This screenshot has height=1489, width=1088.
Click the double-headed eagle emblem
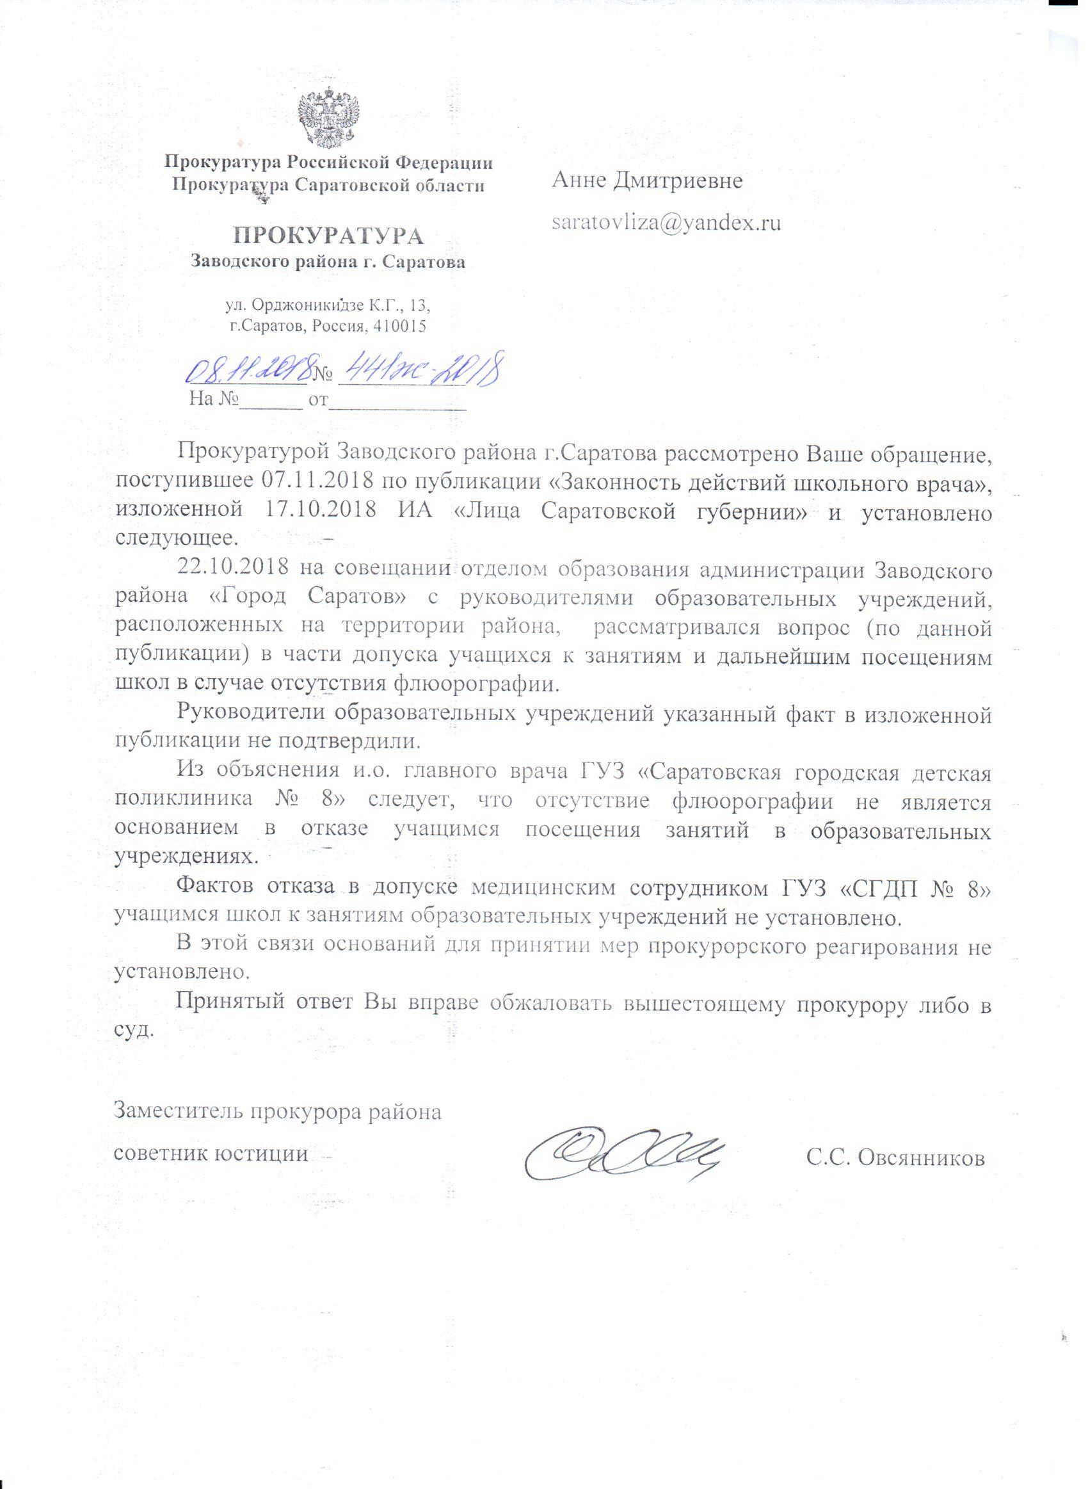[328, 118]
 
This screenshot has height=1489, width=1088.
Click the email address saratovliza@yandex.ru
[666, 223]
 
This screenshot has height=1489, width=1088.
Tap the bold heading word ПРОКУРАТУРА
[328, 235]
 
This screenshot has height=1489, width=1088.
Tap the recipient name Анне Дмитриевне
[648, 179]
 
